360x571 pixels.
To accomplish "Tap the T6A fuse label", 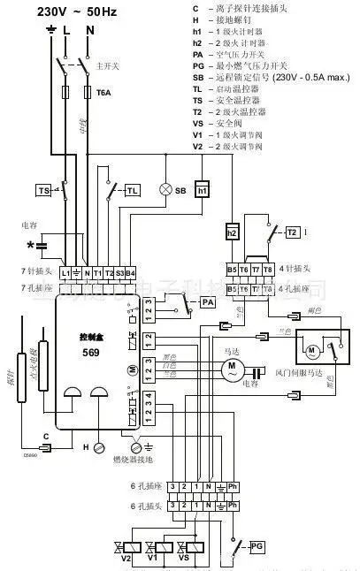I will pos(103,91).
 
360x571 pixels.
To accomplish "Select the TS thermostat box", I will pos(43,190).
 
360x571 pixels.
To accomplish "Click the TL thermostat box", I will pos(132,190).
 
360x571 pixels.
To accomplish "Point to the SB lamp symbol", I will pos(164,190).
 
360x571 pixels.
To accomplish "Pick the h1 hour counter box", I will pos(202,190).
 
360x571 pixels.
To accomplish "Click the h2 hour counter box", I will pos(233,232).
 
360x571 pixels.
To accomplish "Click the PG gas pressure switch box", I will pos(257,544).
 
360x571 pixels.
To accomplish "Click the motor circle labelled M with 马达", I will pos(232,365).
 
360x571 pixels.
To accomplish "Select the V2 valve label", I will pos(126,560).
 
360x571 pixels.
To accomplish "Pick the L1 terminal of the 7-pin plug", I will pos(65,273).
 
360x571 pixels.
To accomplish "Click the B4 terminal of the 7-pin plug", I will pos(130,273).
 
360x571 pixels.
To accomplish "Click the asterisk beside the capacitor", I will pos(31,243).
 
